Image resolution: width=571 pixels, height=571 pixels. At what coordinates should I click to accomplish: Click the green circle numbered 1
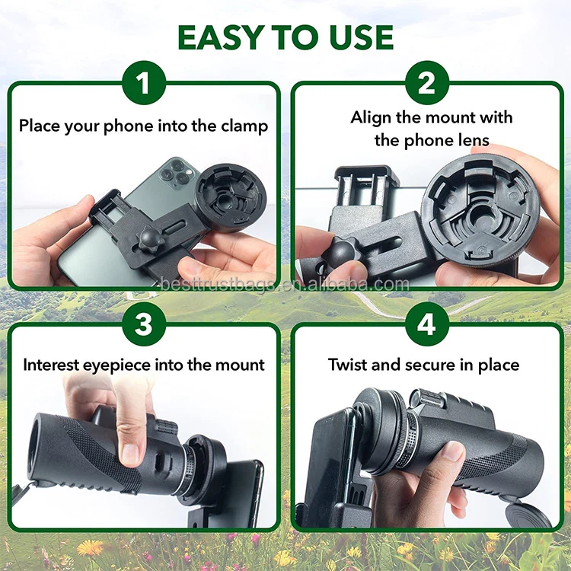coord(143,82)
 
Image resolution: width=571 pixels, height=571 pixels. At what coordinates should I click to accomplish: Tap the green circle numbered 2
coord(427,82)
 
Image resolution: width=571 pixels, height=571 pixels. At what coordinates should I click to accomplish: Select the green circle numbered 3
coord(143,324)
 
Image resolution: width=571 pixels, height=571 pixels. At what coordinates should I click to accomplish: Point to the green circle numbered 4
coord(427,324)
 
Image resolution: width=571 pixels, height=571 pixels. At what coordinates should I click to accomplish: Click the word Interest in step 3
coord(53,365)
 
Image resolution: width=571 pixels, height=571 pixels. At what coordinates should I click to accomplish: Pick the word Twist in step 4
coord(349,365)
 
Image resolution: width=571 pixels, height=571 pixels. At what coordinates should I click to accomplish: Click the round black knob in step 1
coord(146,238)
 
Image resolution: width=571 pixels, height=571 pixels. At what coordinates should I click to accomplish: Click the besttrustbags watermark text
coord(285,285)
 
